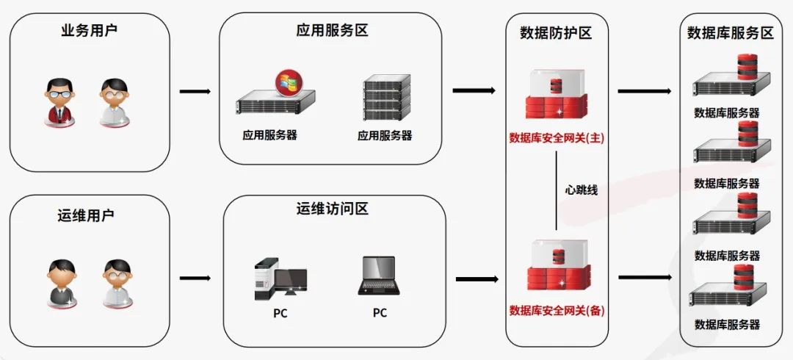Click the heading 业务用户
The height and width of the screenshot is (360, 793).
pos(89,32)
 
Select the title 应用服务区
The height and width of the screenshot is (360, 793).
pos(332,31)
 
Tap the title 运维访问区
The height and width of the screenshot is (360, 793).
pos(332,209)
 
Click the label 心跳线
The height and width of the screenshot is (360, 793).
pos(581,190)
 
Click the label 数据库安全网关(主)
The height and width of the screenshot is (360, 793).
pos(556,138)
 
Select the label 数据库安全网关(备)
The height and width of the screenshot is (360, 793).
pos(556,311)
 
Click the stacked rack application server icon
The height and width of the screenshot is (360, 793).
pos(385,98)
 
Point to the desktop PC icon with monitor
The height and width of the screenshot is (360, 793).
pos(280,279)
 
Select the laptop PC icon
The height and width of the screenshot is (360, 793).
pos(379,276)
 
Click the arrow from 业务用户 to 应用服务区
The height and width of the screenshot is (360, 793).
pos(195,92)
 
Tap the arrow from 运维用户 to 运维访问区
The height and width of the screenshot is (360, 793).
pos(195,278)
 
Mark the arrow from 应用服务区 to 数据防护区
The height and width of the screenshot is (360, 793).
pos(474,90)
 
